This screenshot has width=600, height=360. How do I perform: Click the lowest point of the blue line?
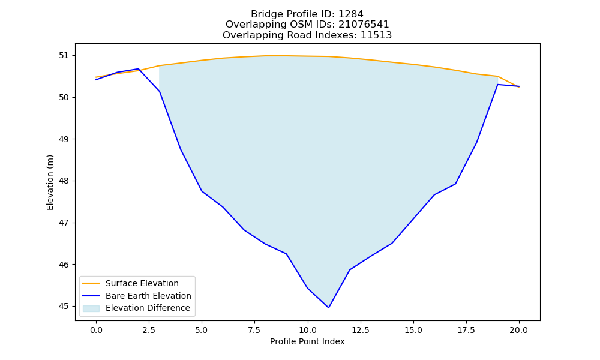pyautogui.click(x=328, y=308)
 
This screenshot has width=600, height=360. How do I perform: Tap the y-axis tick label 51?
pyautogui.click(x=64, y=55)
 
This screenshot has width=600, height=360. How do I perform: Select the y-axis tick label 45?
pyautogui.click(x=64, y=307)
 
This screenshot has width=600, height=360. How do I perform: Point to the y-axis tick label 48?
pyautogui.click(x=64, y=181)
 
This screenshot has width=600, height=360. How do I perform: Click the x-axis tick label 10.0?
pyautogui.click(x=307, y=330)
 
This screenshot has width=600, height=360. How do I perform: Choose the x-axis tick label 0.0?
pyautogui.click(x=96, y=330)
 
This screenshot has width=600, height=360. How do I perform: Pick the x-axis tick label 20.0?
pyautogui.click(x=519, y=330)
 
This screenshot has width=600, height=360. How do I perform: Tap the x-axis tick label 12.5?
pyautogui.click(x=361, y=330)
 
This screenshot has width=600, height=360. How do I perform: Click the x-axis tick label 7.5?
pyautogui.click(x=254, y=330)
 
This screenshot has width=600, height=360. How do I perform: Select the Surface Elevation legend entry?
pyautogui.click(x=131, y=283)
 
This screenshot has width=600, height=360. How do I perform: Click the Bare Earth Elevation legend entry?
pyautogui.click(x=137, y=296)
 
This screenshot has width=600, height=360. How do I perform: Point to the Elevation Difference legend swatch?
pyautogui.click(x=91, y=308)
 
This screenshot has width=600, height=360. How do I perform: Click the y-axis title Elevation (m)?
pyautogui.click(x=50, y=182)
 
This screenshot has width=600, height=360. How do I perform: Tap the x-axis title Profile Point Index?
pyautogui.click(x=307, y=341)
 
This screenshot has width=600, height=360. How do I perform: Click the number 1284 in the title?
pyautogui.click(x=351, y=14)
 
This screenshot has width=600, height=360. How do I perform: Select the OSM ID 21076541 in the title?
pyautogui.click(x=364, y=25)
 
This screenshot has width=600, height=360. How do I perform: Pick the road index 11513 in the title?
pyautogui.click(x=376, y=35)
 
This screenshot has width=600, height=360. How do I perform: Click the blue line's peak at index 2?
pyautogui.click(x=138, y=69)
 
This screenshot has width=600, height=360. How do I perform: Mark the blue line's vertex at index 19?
pyautogui.click(x=498, y=85)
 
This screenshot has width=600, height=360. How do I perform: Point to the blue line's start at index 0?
pyautogui.click(x=96, y=80)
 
